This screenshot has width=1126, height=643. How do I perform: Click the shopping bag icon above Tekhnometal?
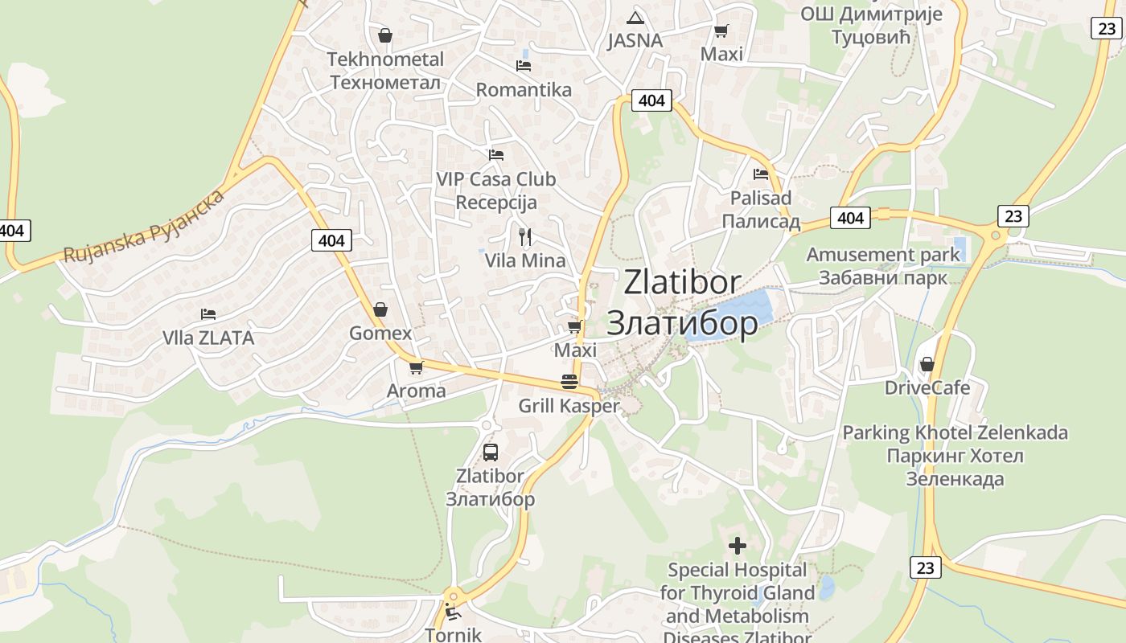tap(385, 35)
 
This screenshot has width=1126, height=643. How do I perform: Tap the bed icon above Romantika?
tap(524, 65)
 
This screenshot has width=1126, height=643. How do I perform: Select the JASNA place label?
tap(635, 41)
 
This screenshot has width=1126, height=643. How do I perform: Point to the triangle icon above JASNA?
tap(635, 18)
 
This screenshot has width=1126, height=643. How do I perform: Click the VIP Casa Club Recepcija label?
tap(496, 190)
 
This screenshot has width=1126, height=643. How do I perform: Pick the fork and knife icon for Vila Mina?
tap(525, 236)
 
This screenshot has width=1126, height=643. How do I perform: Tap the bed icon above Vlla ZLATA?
tap(208, 313)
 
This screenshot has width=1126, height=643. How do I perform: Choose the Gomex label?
tap(380, 333)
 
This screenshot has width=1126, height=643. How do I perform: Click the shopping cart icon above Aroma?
tap(416, 367)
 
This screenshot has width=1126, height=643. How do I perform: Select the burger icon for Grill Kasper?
tap(569, 381)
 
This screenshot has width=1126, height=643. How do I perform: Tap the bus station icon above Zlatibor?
tap(491, 452)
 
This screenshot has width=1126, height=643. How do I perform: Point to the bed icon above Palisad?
tap(761, 174)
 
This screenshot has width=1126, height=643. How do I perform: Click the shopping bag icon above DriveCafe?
tap(927, 364)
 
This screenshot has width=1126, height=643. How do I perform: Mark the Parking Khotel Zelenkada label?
tap(955, 456)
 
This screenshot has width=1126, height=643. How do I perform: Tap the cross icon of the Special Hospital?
tap(737, 547)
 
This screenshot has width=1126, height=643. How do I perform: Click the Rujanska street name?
tap(143, 229)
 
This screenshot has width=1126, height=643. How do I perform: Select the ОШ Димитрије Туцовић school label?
tap(882, 25)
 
